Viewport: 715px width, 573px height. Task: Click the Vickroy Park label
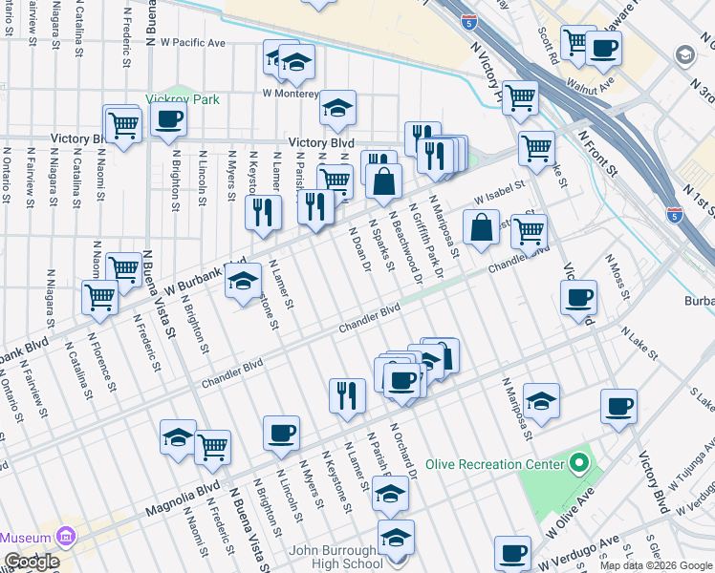tap(183, 99)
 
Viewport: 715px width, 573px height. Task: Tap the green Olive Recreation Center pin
tap(577, 465)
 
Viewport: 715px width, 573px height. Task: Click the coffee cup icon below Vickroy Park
tap(168, 119)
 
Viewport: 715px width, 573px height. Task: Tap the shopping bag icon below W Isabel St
tap(482, 227)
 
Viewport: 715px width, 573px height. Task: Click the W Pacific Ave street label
tap(192, 43)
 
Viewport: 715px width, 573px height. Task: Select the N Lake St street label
tap(639, 343)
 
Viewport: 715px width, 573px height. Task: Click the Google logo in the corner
tap(31, 562)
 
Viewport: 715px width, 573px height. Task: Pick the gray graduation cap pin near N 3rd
tap(683, 54)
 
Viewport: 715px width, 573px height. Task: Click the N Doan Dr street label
tap(360, 248)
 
